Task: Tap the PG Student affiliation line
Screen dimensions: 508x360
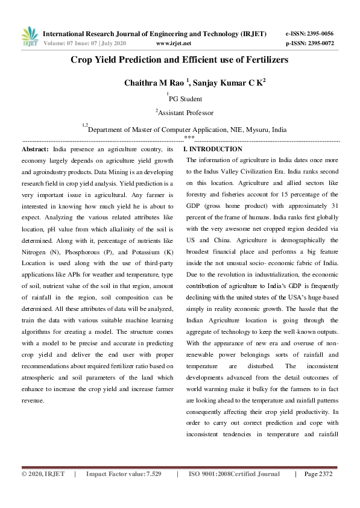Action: coord(185,99)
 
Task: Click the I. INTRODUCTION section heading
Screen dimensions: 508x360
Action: coord(213,149)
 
